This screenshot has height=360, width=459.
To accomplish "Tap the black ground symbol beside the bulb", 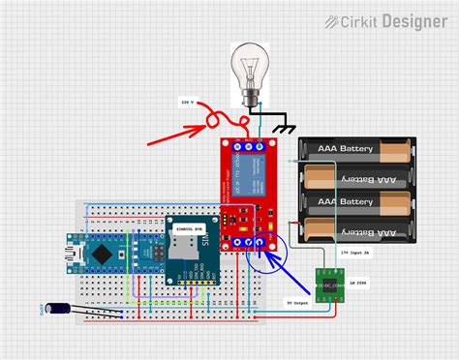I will coord(285,128).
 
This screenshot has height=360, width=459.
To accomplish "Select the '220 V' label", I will coord(188,102).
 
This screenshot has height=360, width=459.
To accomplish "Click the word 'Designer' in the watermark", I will coord(413,20).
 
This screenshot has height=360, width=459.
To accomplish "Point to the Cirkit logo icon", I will coord(332,20).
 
